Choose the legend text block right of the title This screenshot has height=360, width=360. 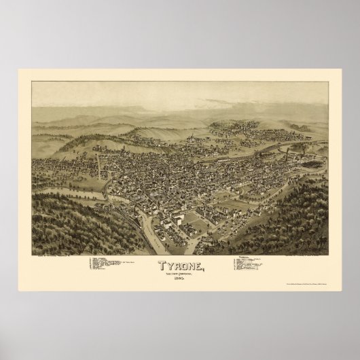(x=255, y=264)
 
